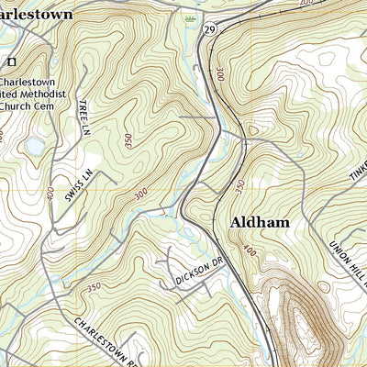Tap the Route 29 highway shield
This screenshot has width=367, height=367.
(210, 31)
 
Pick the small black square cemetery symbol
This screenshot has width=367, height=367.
(12, 61)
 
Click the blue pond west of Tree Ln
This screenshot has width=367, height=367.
(34, 145)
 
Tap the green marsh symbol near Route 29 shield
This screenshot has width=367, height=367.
(191, 18)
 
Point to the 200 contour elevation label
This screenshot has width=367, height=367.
(306, 3)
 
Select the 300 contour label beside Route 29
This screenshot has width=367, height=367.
(221, 72)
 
